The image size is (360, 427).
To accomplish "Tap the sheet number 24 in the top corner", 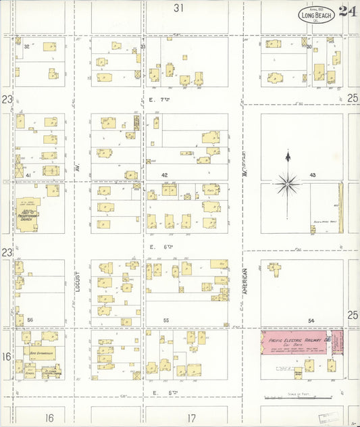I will [348, 11].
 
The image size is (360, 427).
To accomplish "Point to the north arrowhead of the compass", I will [288, 156].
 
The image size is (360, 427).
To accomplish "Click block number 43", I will [313, 175].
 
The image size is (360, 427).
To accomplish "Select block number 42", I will [164, 175].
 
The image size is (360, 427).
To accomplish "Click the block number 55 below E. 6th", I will [165, 320].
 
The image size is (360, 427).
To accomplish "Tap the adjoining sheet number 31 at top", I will [178, 8].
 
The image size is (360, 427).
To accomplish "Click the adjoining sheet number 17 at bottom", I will [192, 418].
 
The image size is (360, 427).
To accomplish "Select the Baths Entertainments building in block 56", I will [41, 353].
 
